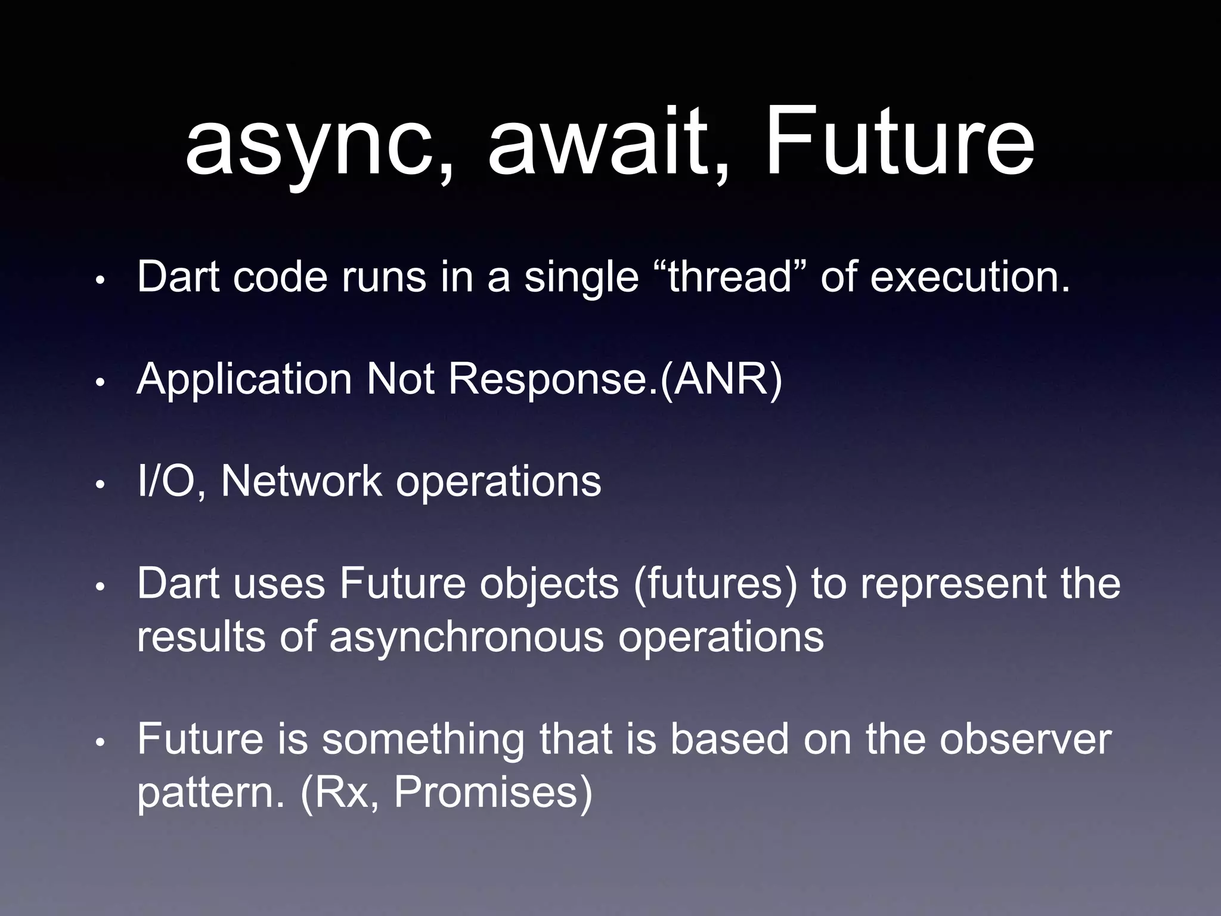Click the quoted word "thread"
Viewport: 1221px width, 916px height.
(730, 277)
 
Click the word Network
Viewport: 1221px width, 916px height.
(301, 482)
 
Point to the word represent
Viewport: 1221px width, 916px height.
(953, 584)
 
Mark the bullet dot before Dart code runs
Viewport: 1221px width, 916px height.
(101, 280)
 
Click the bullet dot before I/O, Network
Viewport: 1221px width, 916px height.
(101, 485)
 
